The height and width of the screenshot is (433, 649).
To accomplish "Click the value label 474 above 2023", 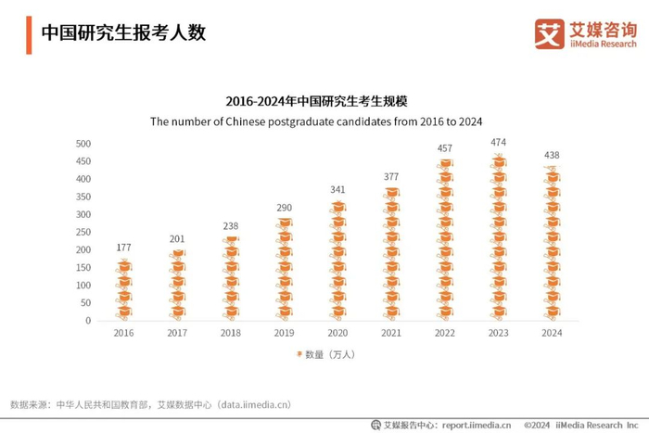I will click(x=498, y=143).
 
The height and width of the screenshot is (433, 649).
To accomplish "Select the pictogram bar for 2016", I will click(x=123, y=289).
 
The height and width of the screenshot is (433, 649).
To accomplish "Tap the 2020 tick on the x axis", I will click(x=337, y=333).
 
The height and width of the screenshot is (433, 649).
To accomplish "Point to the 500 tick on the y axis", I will click(x=83, y=144).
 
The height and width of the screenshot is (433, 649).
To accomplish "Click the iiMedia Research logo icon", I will click(x=549, y=34).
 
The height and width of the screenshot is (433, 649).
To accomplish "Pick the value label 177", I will click(x=123, y=248).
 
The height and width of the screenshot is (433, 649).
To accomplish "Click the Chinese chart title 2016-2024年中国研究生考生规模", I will click(x=324, y=100).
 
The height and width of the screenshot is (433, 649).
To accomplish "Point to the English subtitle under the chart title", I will click(x=324, y=121).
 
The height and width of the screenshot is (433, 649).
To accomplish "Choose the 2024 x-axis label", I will click(x=552, y=333).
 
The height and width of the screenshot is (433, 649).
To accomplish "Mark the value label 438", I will click(x=552, y=155).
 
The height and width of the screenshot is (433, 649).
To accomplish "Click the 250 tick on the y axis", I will click(x=83, y=233).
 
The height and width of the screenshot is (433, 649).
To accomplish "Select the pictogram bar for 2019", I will click(x=285, y=269).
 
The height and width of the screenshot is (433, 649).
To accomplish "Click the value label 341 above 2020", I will click(x=337, y=190).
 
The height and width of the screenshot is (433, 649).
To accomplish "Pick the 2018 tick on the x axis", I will click(x=231, y=333).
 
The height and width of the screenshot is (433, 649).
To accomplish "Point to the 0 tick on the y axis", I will click(x=88, y=321).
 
